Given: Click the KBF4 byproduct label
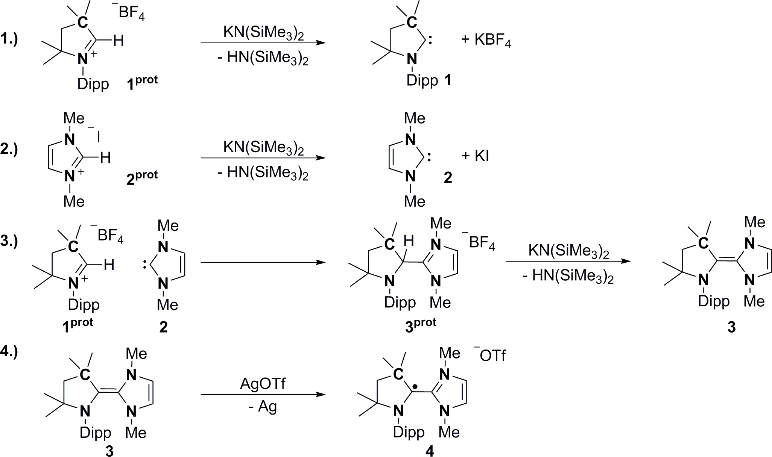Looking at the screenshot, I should (492, 40).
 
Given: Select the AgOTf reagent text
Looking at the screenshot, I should (263, 384).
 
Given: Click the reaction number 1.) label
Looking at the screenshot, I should (9, 39).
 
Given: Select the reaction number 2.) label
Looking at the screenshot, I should (9, 149).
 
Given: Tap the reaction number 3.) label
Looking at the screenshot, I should (9, 241).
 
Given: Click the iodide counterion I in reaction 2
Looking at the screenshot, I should (98, 138).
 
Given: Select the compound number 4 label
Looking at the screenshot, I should (430, 451).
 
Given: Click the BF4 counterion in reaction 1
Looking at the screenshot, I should (131, 14).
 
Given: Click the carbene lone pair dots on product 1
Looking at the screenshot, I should (430, 41).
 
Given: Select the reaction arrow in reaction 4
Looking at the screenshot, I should (263, 395).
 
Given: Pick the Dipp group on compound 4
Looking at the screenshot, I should (409, 432).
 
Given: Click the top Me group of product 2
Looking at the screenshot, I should (414, 118).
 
